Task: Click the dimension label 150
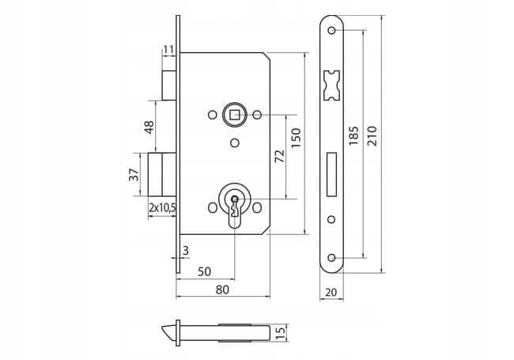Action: [296, 138]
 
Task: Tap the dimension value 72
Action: [280, 157]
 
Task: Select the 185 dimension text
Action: [353, 136]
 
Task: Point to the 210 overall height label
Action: [372, 136]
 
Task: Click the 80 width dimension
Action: [222, 290]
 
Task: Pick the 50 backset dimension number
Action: [204, 271]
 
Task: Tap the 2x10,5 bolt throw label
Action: [163, 207]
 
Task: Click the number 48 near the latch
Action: [149, 127]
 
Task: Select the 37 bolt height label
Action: [134, 175]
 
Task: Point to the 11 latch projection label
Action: [168, 50]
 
